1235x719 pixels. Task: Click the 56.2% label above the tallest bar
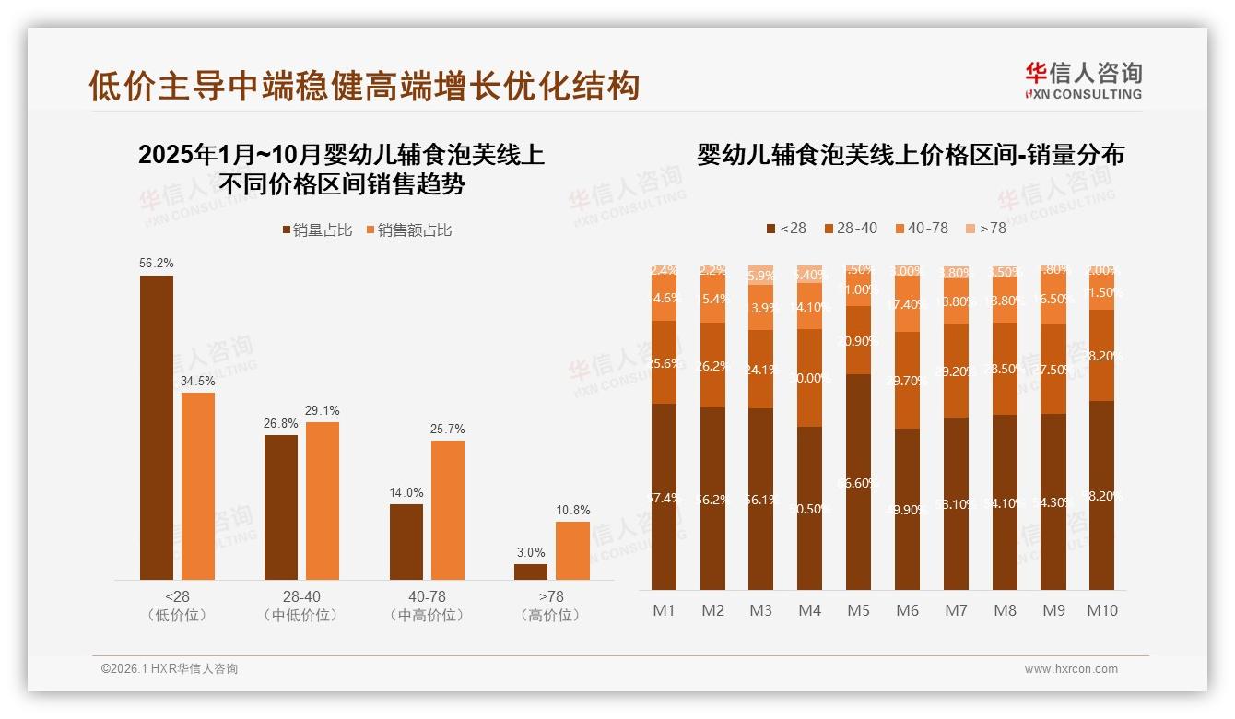point(157,263)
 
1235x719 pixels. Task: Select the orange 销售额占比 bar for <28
point(198,486)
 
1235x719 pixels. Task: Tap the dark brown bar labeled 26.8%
point(281,507)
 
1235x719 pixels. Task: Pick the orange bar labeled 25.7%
point(448,510)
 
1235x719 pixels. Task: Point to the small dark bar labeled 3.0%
point(531,572)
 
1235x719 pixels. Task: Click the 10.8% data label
point(572,510)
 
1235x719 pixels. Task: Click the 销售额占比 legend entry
point(410,230)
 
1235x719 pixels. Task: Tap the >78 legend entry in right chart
point(986,228)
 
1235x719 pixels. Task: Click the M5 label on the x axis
point(858,610)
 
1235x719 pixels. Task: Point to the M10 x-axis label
point(1101,610)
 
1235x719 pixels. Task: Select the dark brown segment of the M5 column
point(858,481)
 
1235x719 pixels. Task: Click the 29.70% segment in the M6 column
point(907,380)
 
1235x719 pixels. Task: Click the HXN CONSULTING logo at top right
point(1083,81)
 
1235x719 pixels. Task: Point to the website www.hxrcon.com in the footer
point(1071,669)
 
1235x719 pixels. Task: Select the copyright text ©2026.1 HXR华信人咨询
point(169,669)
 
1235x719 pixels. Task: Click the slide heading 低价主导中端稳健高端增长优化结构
point(363,86)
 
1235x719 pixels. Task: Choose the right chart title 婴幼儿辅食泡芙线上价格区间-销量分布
point(911,154)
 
